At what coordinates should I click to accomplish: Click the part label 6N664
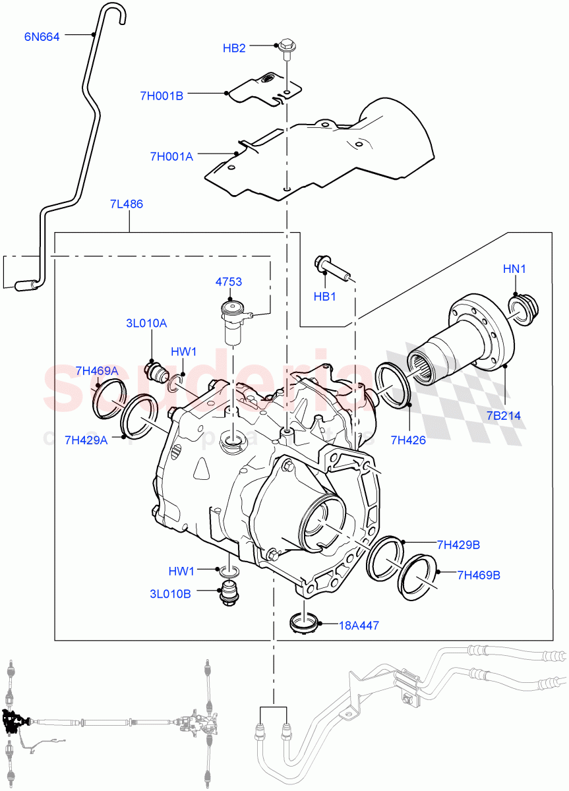click(x=42, y=37)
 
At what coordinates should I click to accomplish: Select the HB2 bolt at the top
click(x=287, y=48)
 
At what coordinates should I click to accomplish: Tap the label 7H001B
click(x=161, y=96)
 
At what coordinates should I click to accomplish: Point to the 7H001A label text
click(x=171, y=156)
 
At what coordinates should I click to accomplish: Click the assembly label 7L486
click(x=126, y=204)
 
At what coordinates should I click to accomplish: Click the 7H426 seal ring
click(x=394, y=385)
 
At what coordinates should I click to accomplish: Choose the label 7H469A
click(x=96, y=371)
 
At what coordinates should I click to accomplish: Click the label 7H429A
click(x=86, y=440)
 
